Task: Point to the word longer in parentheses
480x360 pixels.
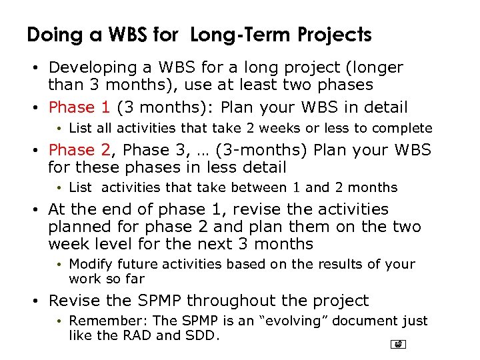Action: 374,68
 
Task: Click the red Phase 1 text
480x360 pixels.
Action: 80,107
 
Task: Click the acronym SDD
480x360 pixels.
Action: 203,335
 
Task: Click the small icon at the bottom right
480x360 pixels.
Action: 398,345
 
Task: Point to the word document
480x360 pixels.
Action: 358,321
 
